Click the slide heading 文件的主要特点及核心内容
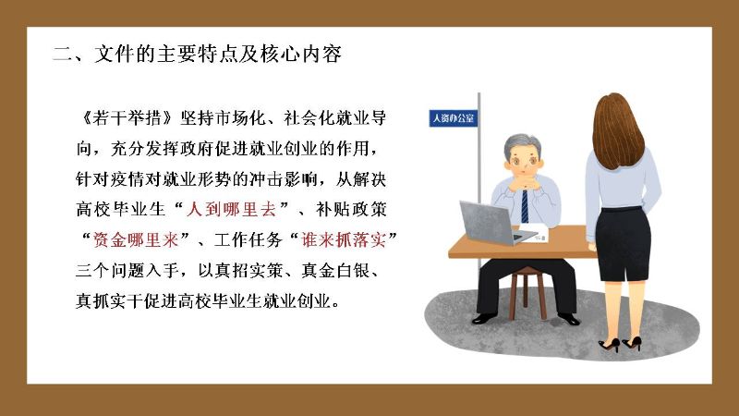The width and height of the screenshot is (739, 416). point(218,55)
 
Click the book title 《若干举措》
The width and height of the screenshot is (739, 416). point(127,118)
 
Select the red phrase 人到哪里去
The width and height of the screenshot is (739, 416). point(231,210)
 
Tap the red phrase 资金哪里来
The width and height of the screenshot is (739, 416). point(136,240)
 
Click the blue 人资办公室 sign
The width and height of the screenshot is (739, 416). point(453,118)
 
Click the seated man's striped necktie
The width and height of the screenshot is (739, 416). point(525,206)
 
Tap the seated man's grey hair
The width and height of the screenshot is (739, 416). point(521,144)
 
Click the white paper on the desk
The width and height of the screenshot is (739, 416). point(534,234)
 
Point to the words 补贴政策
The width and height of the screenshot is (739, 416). point(351,210)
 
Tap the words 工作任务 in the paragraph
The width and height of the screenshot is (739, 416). point(248,240)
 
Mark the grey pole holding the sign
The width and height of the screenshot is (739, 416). point(479,179)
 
